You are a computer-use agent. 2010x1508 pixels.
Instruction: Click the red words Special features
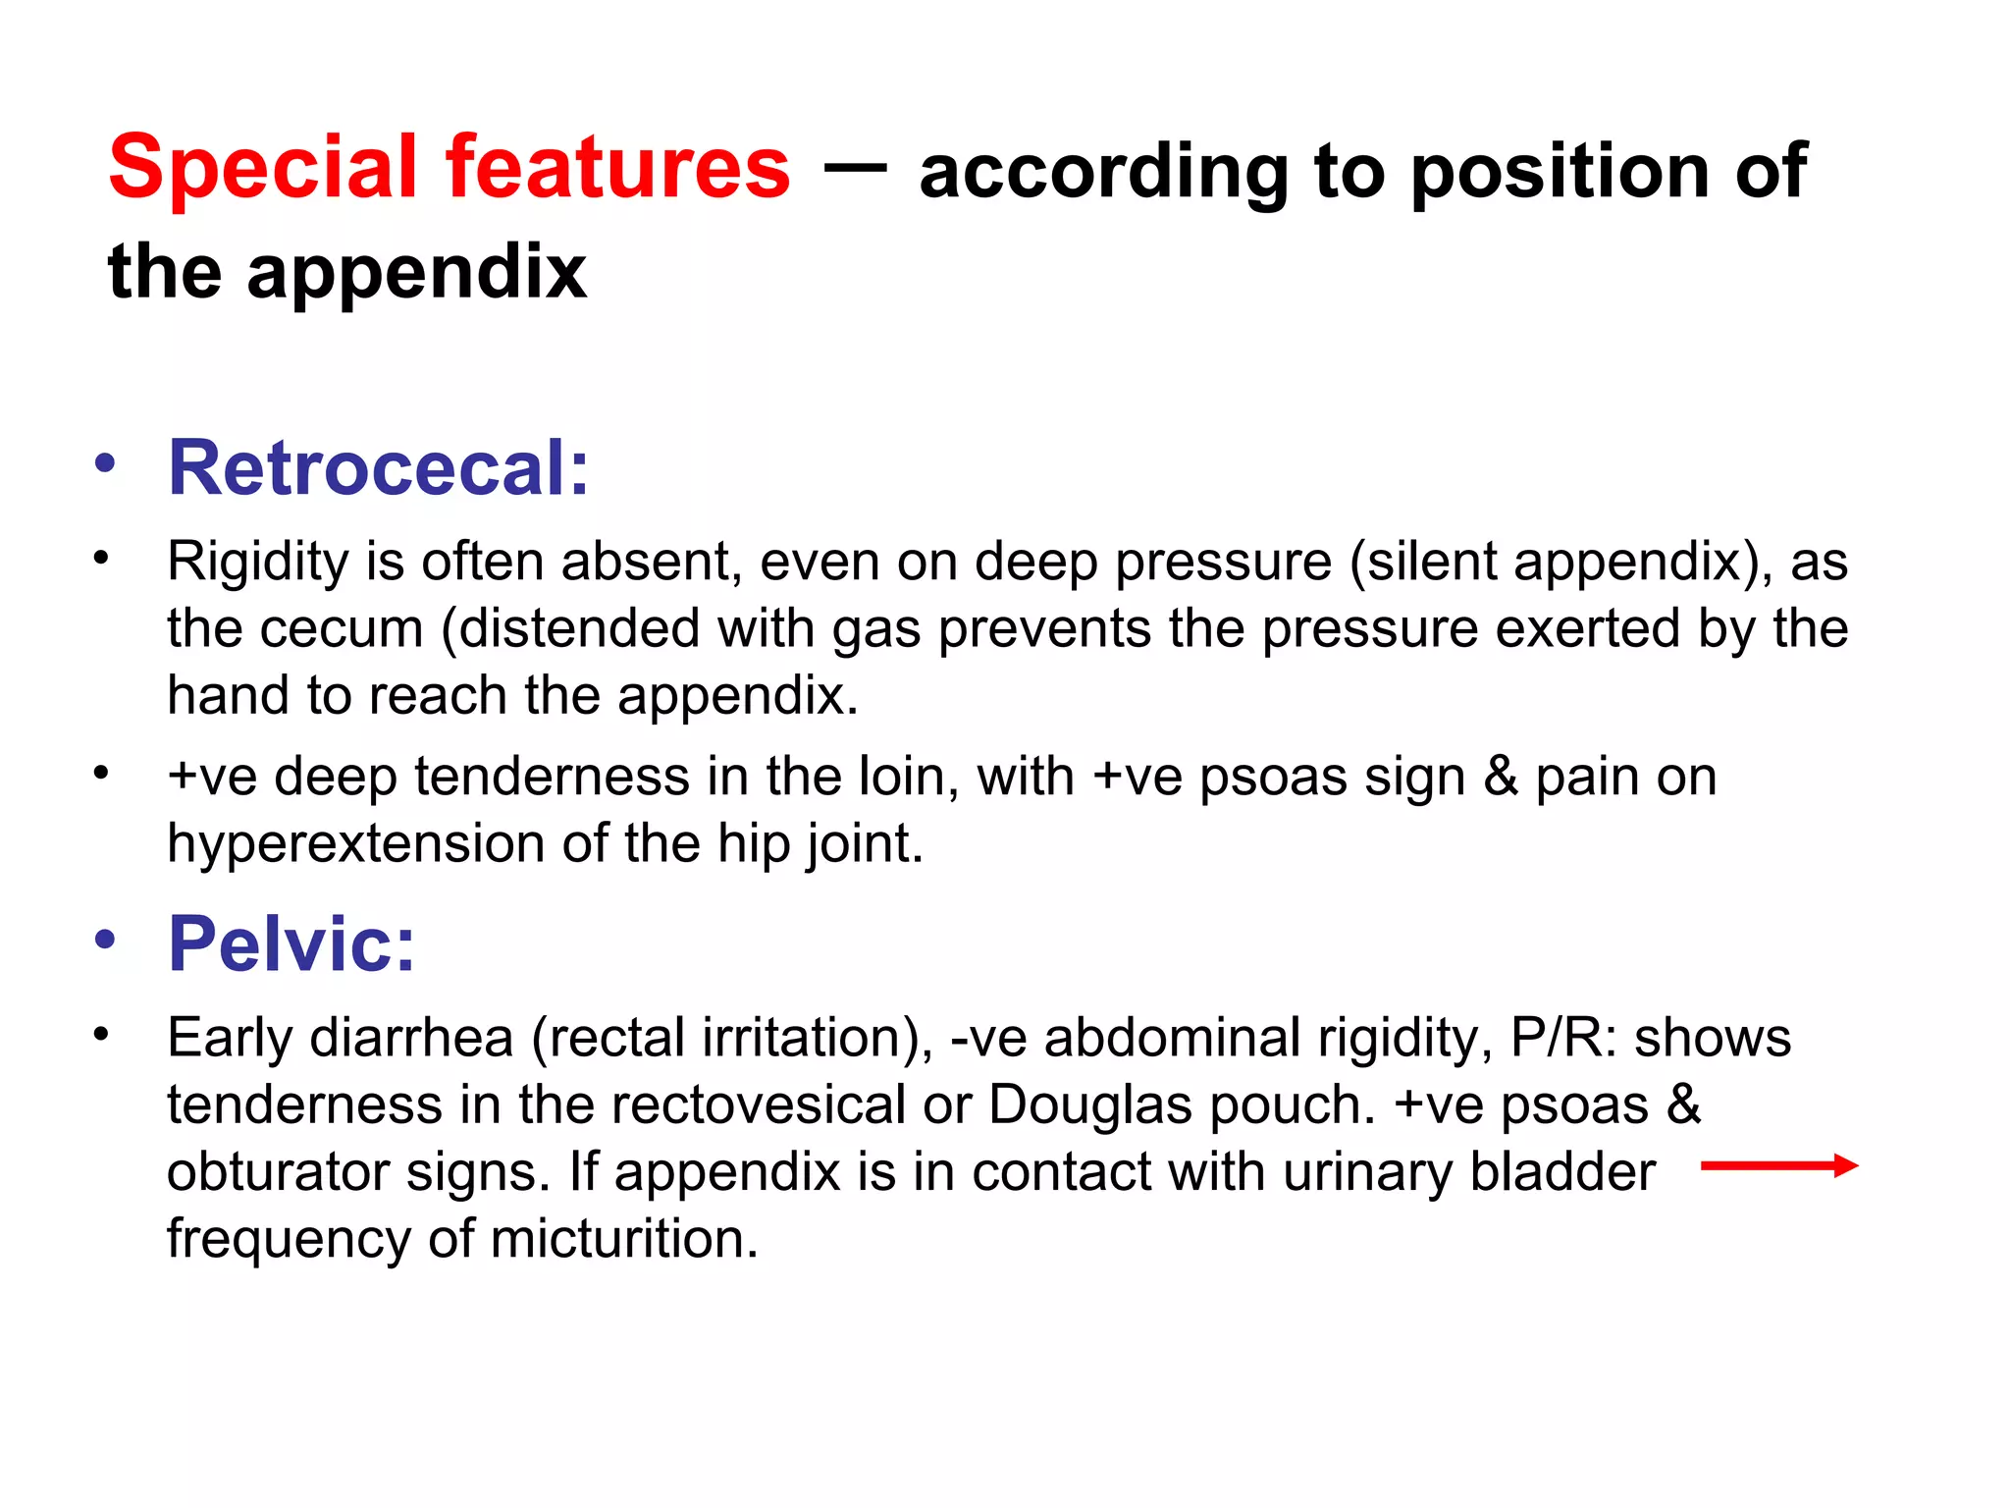449,168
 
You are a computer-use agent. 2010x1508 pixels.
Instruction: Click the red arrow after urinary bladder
1778,1165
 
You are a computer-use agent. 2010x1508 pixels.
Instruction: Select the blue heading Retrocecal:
379,468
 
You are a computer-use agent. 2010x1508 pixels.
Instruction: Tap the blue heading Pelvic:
291,943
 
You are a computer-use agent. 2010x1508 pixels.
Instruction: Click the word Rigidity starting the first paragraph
257,563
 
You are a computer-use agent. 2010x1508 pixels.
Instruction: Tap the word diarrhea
411,1038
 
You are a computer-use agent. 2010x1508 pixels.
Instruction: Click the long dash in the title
854,167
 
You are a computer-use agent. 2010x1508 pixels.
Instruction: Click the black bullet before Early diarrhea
101,1034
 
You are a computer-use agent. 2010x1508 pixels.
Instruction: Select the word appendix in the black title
416,273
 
